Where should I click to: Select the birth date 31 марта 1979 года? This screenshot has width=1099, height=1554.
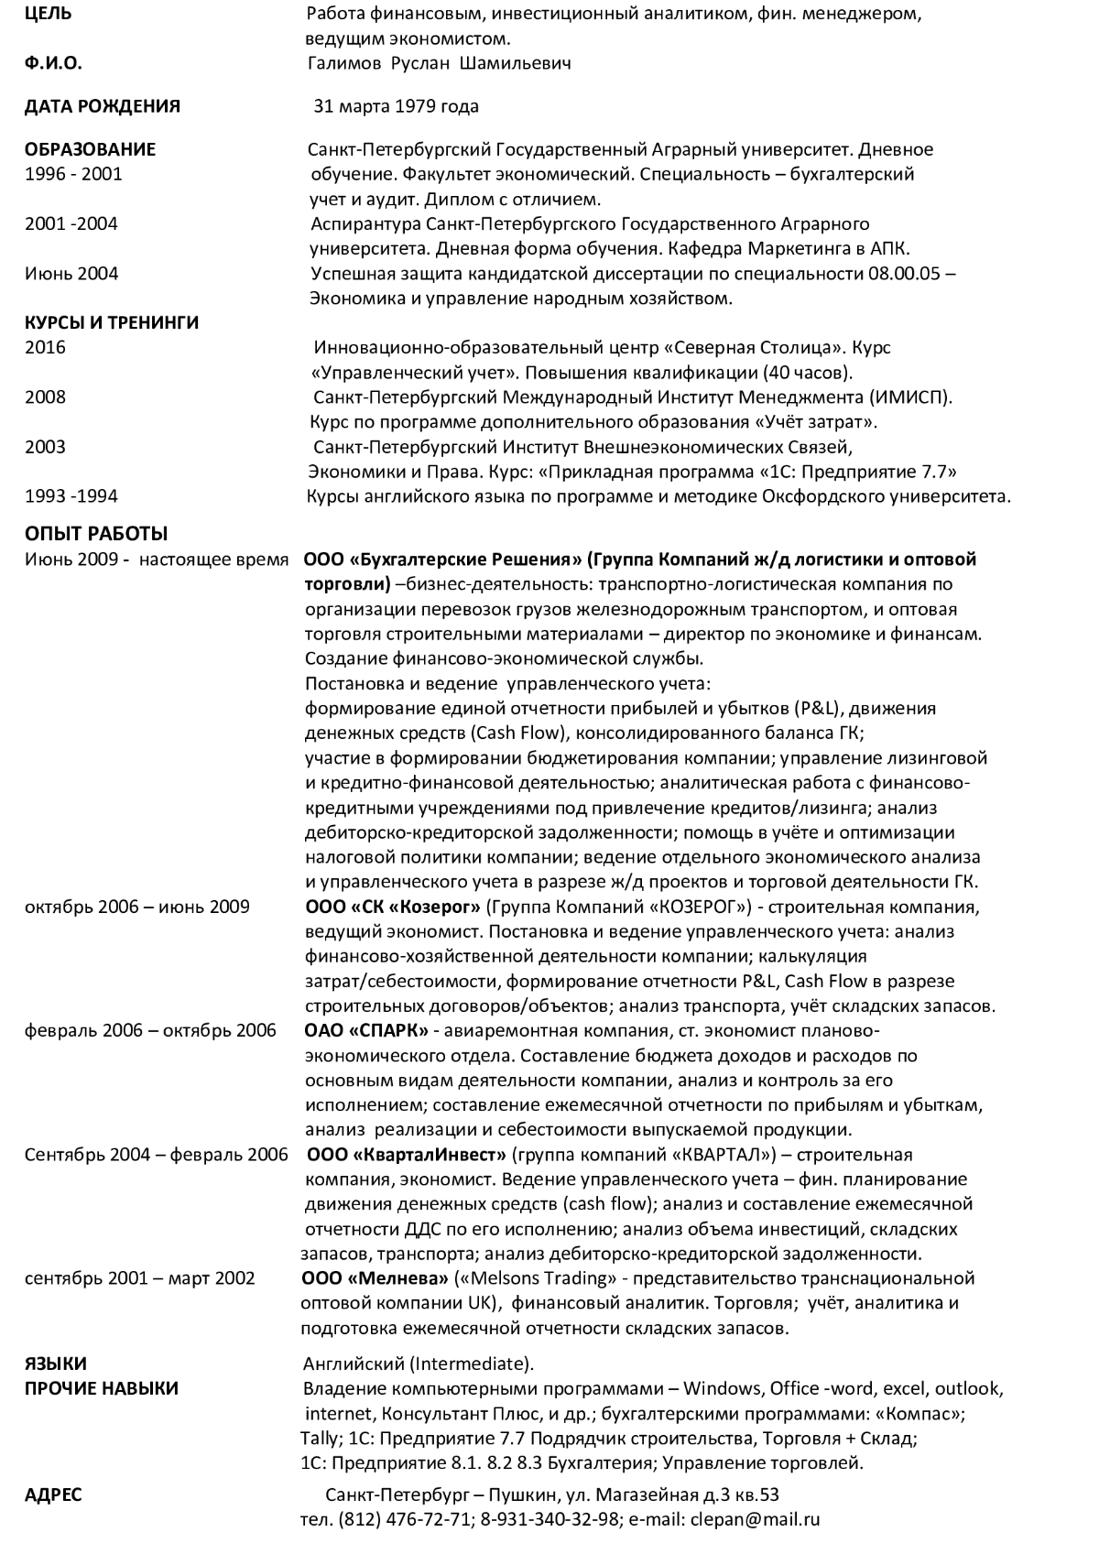pos(396,106)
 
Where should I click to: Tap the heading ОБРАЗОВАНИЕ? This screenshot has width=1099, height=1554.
pos(90,149)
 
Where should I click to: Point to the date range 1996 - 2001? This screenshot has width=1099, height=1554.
pos(73,174)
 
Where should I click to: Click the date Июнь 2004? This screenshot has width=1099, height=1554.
pos(71,274)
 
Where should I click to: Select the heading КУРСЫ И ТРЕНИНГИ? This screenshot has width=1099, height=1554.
pos(112,322)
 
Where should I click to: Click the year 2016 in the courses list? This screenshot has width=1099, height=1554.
pos(45,348)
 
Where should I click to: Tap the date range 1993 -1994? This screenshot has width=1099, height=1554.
pos(71,497)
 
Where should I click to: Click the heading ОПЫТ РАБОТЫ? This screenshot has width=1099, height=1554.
pos(96,534)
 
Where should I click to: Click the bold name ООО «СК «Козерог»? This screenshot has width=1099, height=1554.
pos(392,907)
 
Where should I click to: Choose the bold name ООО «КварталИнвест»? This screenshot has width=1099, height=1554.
pos(408,1155)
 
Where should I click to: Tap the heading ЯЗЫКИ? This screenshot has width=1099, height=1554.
pos(56,1364)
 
